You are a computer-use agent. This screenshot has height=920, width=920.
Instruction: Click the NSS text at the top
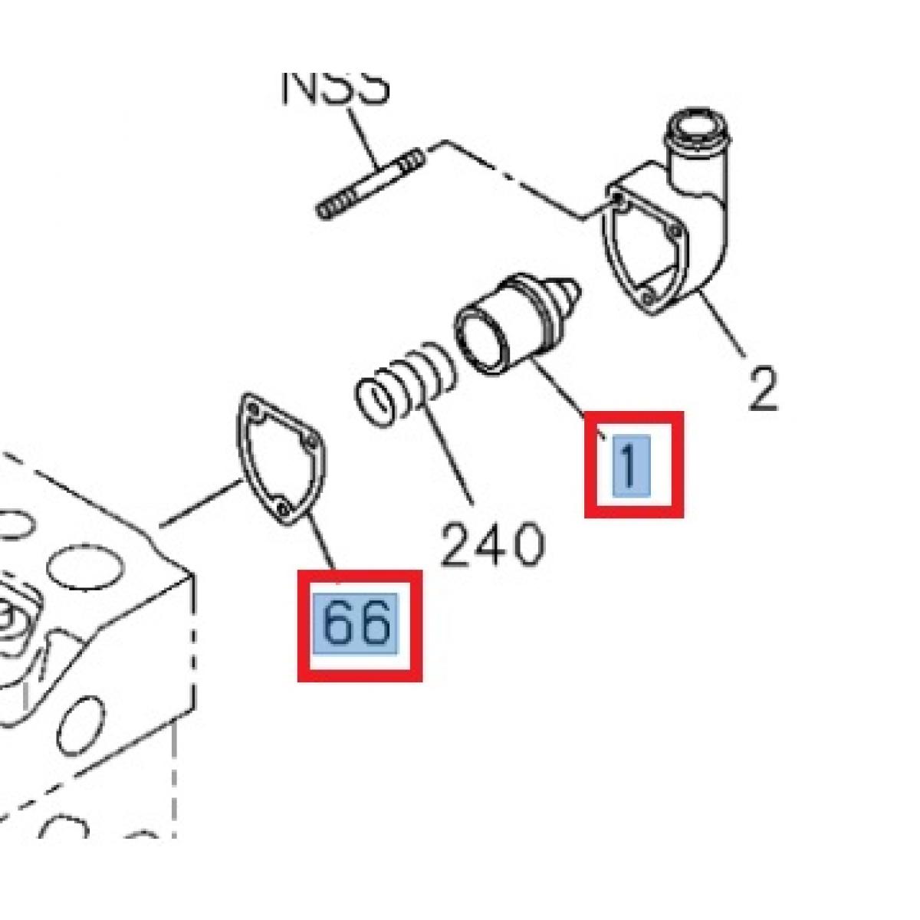[x=336, y=86]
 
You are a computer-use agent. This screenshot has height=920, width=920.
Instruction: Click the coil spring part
[x=406, y=383]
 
